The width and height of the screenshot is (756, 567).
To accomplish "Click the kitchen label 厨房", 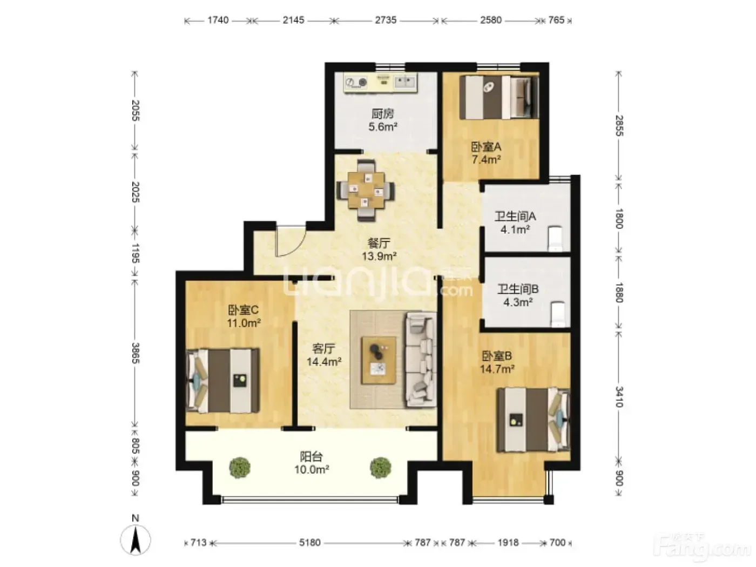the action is click(x=383, y=113).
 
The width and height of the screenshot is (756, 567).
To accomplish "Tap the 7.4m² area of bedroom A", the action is click(x=486, y=160).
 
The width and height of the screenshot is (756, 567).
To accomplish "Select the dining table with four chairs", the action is click(x=366, y=191).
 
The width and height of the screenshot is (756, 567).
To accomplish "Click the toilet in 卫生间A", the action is click(x=555, y=239).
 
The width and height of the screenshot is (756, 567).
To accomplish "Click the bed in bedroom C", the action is click(x=222, y=381).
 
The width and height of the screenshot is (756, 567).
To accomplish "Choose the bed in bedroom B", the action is click(x=533, y=420).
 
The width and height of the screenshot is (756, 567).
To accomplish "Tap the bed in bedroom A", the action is click(x=499, y=97).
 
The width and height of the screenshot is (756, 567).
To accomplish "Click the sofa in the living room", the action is click(x=421, y=360).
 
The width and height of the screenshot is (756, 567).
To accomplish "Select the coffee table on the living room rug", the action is click(x=378, y=360).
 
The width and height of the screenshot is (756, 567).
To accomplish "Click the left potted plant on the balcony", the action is click(x=240, y=468).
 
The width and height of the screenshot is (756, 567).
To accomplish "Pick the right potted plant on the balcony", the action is click(x=380, y=468).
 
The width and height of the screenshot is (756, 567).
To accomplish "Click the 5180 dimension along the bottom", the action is click(x=309, y=543).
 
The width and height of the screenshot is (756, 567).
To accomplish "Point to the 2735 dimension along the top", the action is click(x=386, y=21).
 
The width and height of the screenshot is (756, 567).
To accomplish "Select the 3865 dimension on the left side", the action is click(x=135, y=353).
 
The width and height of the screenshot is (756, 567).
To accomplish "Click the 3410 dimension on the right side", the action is click(x=619, y=396).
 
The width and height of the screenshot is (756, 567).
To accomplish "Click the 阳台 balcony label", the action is click(x=311, y=456).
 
